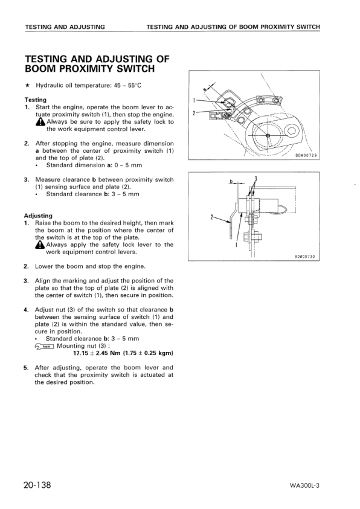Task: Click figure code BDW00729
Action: tap(306, 155)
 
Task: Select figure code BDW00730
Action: tap(306, 257)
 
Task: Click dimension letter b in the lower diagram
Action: tap(231, 181)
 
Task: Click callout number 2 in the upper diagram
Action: tap(194, 113)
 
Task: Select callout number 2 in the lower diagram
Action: tap(211, 217)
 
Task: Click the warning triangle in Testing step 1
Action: tap(40, 122)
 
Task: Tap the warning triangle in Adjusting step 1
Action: tap(40, 245)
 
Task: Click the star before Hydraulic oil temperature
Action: tap(27, 86)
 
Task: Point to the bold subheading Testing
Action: tap(35, 100)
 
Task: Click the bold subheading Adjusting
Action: tap(38, 216)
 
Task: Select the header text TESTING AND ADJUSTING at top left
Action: tap(65, 27)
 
